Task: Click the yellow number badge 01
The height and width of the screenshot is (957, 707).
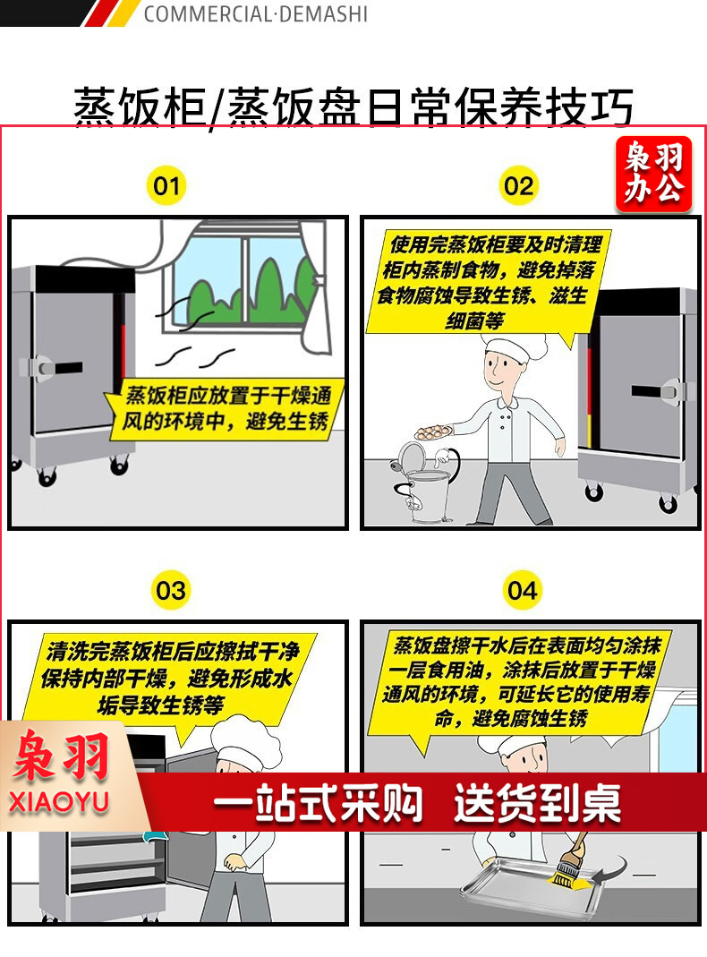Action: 166,185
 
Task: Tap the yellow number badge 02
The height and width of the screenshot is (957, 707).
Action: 518,185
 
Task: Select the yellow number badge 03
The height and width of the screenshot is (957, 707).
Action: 170,590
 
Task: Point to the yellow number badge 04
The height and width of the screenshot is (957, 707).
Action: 522,590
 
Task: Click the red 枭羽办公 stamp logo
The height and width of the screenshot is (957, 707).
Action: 653,174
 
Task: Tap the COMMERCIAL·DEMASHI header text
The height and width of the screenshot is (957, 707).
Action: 256,13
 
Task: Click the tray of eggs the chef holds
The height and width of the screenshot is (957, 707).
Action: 434,432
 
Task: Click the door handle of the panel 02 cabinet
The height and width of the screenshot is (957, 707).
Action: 656,391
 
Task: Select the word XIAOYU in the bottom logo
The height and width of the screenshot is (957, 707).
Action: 59,801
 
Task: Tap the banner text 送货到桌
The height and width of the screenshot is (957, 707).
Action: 538,803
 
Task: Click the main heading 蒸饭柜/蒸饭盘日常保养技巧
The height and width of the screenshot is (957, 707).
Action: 353,107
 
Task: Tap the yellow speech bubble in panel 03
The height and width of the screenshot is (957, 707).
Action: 167,679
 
